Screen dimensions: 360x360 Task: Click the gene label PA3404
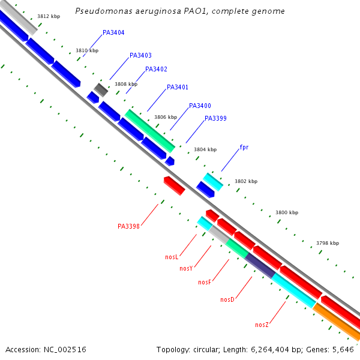point(113,32)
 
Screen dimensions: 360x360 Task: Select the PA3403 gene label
point(140,55)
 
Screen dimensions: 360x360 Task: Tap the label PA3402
point(156,69)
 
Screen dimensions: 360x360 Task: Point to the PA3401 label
point(178,87)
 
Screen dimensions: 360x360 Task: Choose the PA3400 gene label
point(200,106)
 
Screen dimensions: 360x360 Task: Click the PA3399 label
point(215,118)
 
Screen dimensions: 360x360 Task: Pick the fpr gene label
point(244,147)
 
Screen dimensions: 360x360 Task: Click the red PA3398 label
point(128,226)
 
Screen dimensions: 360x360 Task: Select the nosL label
point(172,257)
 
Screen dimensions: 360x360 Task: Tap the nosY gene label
point(186,268)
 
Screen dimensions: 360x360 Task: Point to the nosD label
point(227,299)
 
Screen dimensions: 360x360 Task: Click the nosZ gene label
point(262,325)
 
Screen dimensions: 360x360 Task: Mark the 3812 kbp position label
point(47,17)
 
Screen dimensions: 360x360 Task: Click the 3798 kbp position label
point(327,243)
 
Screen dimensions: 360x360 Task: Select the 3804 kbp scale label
point(205,149)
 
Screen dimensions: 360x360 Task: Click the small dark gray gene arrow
point(101,90)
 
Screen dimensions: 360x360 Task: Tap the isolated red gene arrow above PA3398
point(174,185)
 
